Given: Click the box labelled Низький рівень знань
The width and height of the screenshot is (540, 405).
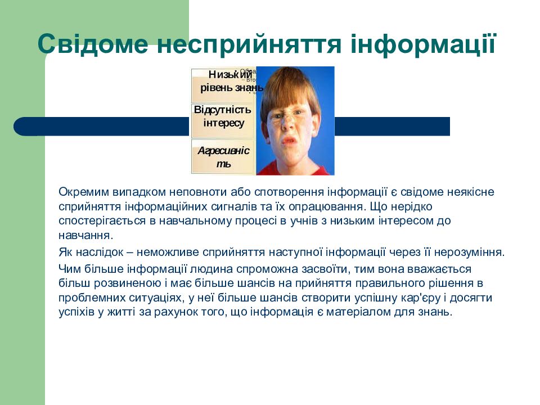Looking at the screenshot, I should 224,82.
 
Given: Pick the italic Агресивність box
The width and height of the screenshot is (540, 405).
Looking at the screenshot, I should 223,157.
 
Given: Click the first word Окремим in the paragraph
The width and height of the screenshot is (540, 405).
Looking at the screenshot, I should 81,192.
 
